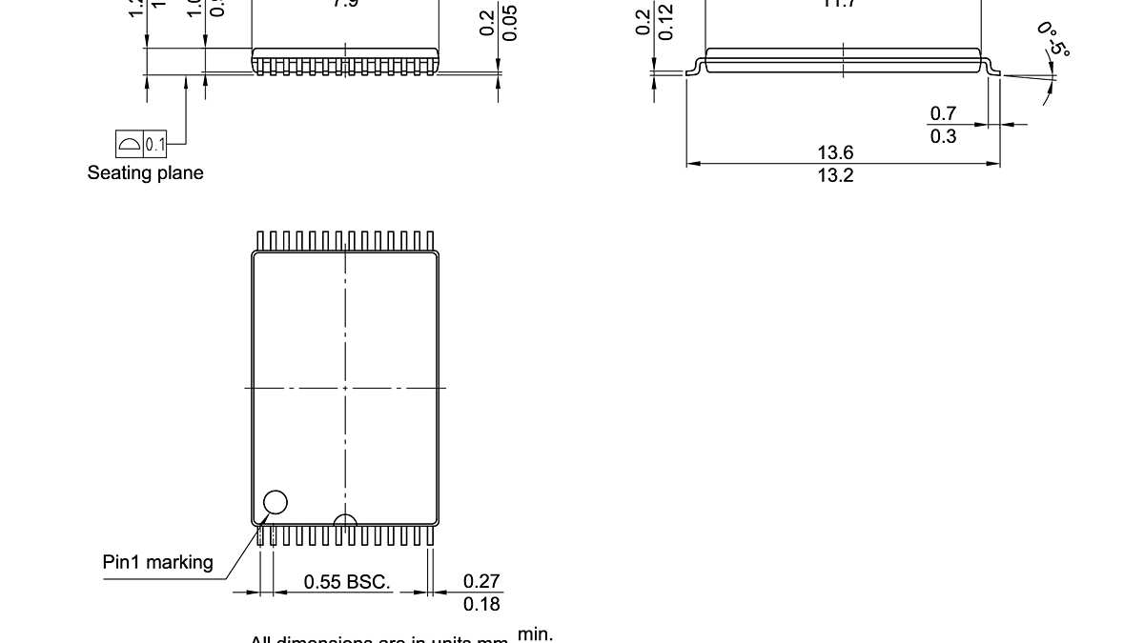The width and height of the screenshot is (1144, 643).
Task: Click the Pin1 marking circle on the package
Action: click(275, 502)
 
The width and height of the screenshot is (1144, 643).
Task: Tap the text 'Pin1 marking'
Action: click(158, 562)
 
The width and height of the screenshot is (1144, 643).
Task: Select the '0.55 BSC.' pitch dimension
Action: click(347, 581)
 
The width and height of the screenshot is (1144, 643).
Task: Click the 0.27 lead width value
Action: click(481, 581)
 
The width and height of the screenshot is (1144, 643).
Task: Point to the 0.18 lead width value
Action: click(481, 604)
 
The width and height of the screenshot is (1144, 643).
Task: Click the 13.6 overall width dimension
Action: click(835, 152)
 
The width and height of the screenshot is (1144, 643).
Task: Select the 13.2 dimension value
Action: click(835, 175)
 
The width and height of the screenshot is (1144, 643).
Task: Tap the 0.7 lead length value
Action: click(944, 114)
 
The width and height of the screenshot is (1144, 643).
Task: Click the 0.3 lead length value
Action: click(944, 136)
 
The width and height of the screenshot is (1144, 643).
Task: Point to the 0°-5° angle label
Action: click(1052, 39)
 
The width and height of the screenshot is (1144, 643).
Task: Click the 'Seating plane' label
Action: click(145, 173)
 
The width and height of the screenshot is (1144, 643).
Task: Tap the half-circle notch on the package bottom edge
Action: click(345, 520)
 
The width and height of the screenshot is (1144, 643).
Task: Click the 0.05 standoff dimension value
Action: click(511, 25)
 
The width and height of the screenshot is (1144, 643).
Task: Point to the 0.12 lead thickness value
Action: click(666, 23)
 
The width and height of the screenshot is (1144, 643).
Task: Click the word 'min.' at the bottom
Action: click(535, 633)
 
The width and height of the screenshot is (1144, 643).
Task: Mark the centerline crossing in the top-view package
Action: click(345, 388)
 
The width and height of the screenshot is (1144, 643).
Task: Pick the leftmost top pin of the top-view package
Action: click(259, 240)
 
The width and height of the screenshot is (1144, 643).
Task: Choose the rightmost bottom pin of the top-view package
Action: click(430, 535)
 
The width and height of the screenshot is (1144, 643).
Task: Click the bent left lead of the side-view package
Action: click(695, 68)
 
